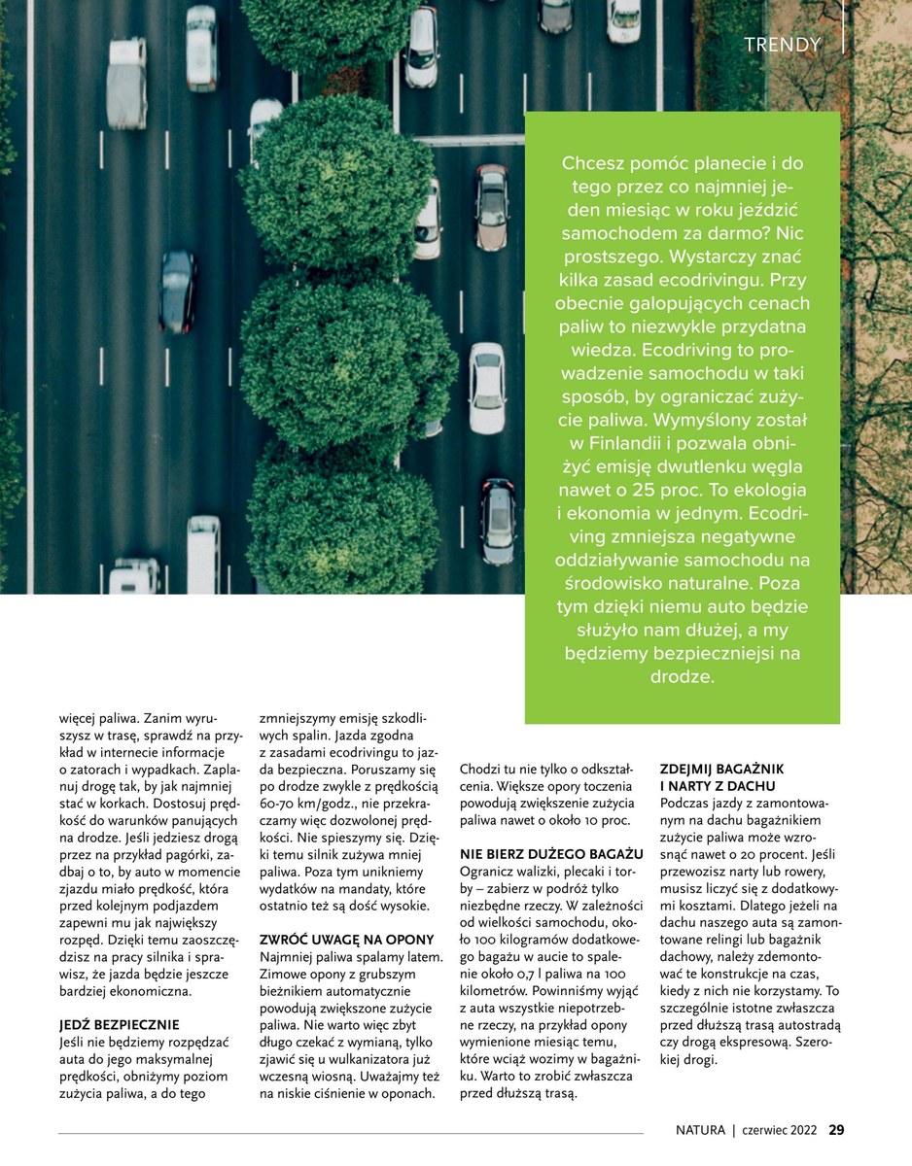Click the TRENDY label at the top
(782, 45)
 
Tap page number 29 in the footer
(836, 1130)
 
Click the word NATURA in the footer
(700, 1130)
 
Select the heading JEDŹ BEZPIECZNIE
(119, 1025)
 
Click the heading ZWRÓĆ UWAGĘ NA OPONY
(346, 940)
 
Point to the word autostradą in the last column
(804, 1025)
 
